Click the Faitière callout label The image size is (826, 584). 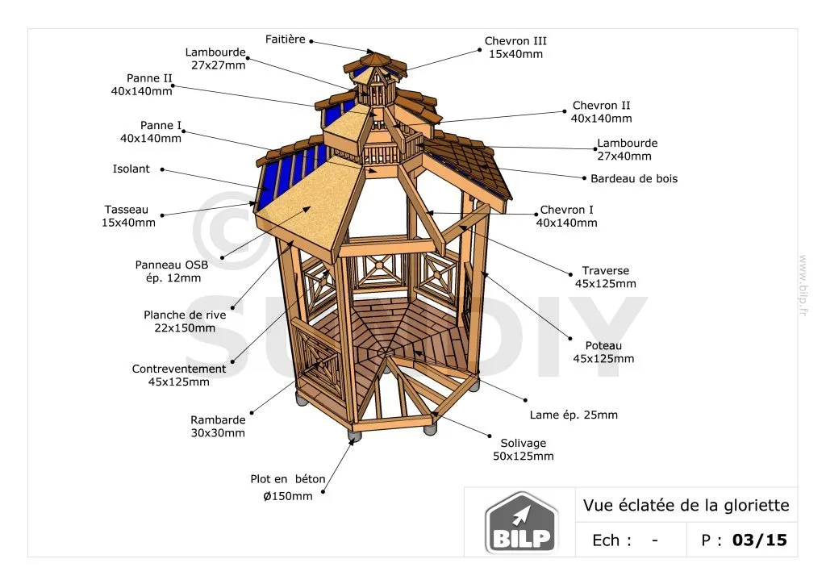286,39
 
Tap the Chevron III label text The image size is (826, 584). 515,41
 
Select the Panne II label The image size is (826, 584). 149,78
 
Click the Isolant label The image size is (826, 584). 131,169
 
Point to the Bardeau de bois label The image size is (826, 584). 634,178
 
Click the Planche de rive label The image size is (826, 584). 185,315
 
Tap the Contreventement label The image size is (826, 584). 179,369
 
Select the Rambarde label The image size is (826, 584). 218,419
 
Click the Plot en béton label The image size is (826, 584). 288,479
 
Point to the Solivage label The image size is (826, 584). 523,443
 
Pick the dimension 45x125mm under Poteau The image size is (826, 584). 603,359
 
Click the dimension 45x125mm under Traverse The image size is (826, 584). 605,284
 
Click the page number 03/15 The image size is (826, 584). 758,540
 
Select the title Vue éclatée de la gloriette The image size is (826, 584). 686,506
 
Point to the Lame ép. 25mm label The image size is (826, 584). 574,415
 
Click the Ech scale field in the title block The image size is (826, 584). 625,540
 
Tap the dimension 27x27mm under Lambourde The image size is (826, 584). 219,65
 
